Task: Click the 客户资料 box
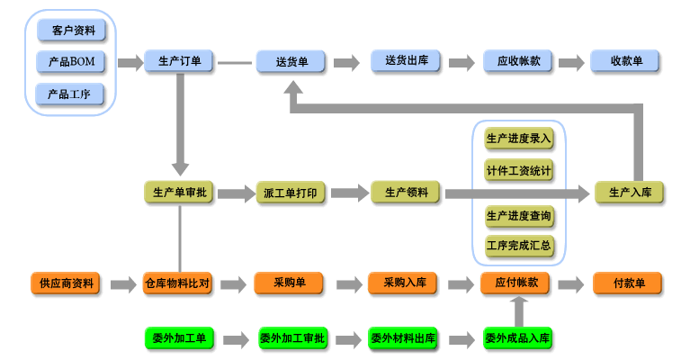71,31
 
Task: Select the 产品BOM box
71,62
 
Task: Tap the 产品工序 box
71,94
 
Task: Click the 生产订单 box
179,62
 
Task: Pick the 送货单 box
291,62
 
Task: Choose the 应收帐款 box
518,62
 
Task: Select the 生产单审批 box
179,193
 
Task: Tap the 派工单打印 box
291,193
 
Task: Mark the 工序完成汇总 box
519,245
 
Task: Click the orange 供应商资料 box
66,283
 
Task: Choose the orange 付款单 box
628,283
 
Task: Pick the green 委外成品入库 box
518,338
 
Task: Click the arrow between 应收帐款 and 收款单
571,63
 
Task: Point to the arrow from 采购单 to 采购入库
346,284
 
